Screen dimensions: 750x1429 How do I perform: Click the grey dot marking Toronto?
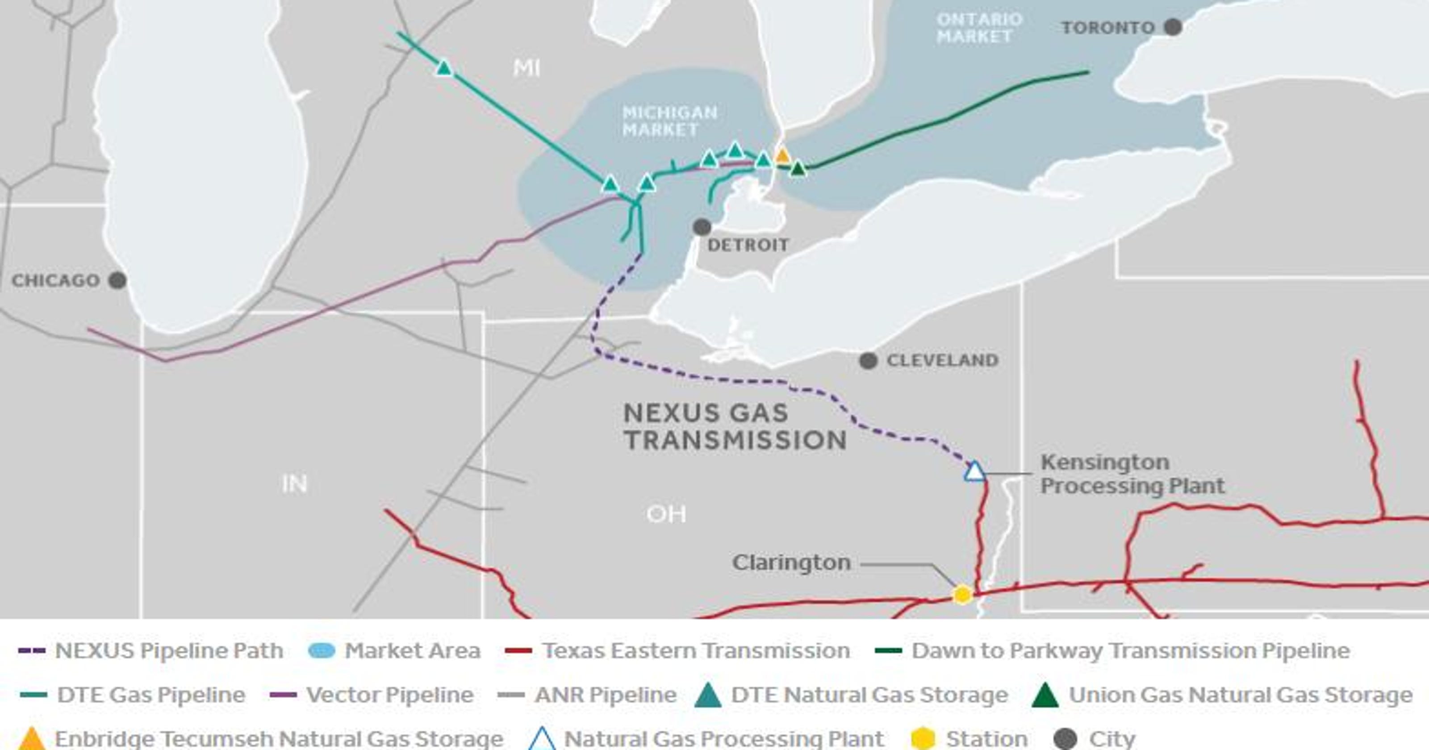tap(1172, 27)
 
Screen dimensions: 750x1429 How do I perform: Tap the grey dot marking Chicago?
tap(117, 280)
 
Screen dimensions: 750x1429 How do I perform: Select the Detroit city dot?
tap(702, 226)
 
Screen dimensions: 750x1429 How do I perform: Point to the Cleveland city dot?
tap(868, 361)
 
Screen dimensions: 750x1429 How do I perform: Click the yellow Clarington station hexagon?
tap(962, 595)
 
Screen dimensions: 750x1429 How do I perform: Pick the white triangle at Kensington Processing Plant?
tap(974, 472)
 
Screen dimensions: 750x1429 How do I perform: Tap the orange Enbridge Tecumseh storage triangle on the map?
tap(782, 155)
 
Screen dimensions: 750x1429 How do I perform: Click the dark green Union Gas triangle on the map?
tap(798, 168)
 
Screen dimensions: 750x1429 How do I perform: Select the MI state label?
tap(526, 68)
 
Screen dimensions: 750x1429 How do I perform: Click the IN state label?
tap(294, 484)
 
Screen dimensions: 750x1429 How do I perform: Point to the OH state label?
tap(666, 515)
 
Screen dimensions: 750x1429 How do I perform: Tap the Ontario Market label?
tap(979, 28)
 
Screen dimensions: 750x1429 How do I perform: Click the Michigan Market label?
tap(669, 121)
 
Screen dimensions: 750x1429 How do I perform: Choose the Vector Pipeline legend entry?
tap(389, 695)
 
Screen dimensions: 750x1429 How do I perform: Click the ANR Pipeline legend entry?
tap(605, 695)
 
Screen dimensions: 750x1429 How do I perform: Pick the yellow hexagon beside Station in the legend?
tap(923, 738)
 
